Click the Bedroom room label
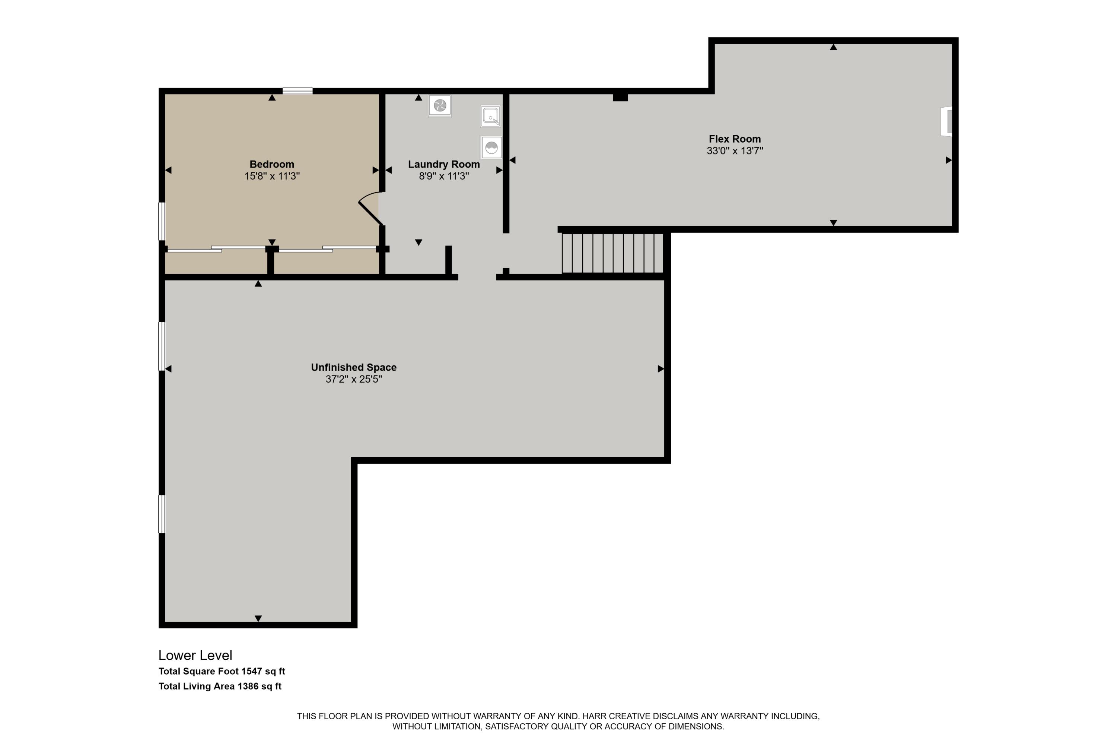click(272, 164)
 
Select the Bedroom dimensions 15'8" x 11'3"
click(272, 176)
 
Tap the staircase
click(612, 253)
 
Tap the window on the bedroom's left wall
click(162, 221)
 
